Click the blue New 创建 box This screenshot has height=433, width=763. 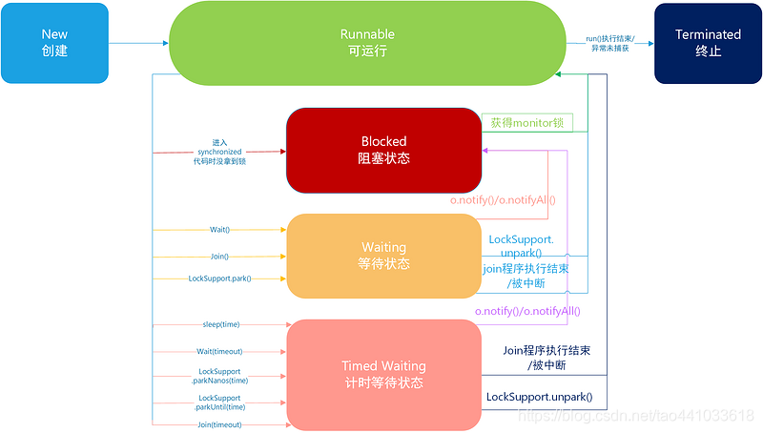(x=54, y=43)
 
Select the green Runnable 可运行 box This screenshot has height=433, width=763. (x=367, y=43)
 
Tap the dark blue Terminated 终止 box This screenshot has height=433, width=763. (x=708, y=43)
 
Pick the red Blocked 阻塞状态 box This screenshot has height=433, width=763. (x=383, y=150)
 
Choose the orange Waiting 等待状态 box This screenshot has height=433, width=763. (x=383, y=256)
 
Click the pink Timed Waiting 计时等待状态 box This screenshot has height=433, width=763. (x=383, y=374)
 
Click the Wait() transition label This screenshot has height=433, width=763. (x=220, y=230)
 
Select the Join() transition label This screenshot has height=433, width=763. (x=220, y=256)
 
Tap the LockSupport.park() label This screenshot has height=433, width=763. (x=220, y=278)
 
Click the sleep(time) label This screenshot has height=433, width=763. (x=221, y=324)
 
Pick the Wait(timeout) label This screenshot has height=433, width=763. (x=220, y=351)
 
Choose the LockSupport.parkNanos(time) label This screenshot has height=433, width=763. (x=220, y=376)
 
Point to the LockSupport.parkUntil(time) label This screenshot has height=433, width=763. (x=220, y=402)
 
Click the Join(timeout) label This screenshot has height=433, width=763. (x=220, y=423)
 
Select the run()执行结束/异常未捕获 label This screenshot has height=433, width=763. (x=611, y=43)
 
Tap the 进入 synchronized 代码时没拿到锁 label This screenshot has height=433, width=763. (x=219, y=152)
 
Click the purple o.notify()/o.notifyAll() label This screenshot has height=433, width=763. (x=527, y=311)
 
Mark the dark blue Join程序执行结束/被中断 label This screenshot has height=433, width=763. (x=547, y=358)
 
